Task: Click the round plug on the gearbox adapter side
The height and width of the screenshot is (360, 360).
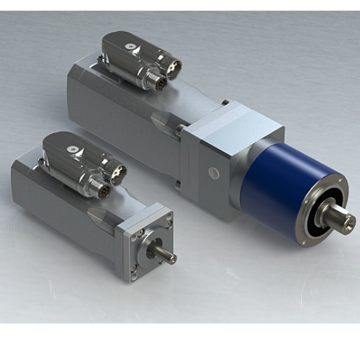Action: [x=214, y=173]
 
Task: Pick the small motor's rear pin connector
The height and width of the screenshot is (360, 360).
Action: [x=115, y=173]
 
